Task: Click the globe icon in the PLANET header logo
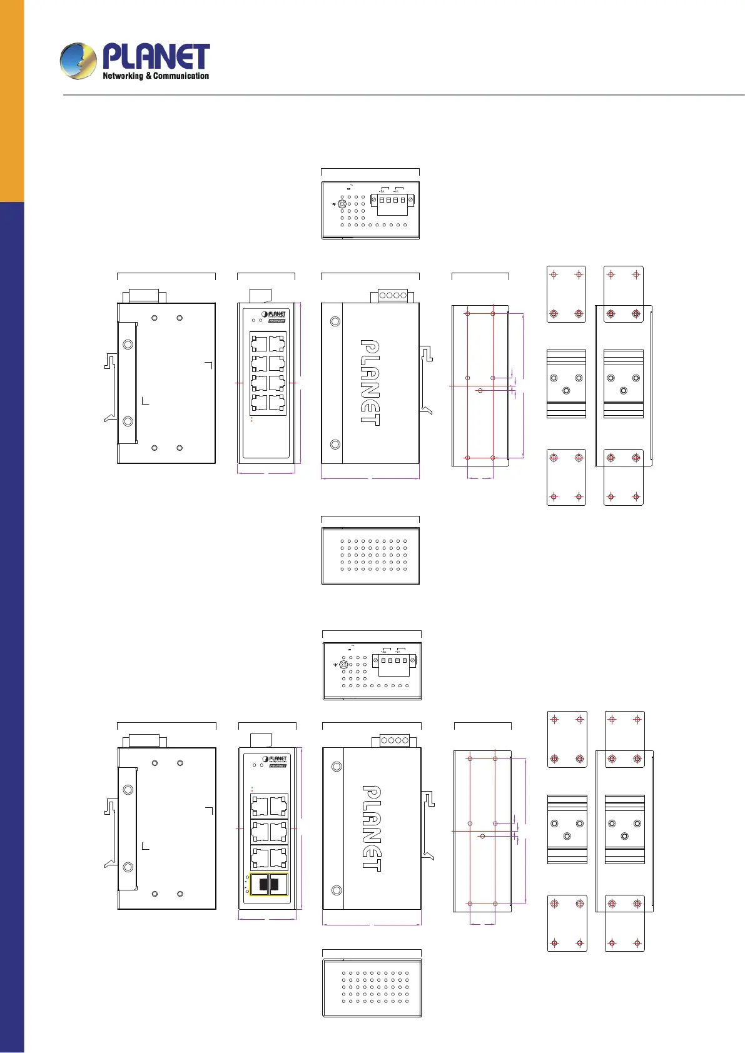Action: tap(78, 61)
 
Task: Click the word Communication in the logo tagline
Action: tap(181, 76)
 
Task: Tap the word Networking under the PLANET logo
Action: tap(123, 76)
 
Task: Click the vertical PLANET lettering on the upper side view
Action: tap(370, 383)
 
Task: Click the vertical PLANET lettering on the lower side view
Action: tap(372, 828)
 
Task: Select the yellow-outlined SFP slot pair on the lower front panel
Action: tap(269, 884)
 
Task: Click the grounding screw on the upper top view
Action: tap(342, 204)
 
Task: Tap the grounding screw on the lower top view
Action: tap(344, 665)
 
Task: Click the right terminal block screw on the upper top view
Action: tap(410, 200)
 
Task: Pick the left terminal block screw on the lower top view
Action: tap(375, 660)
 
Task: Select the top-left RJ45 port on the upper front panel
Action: tap(259, 343)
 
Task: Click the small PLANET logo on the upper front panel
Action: tap(274, 315)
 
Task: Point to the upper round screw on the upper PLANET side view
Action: tap(335, 321)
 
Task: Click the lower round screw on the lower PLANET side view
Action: tap(337, 890)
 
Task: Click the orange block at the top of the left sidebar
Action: tap(12, 100)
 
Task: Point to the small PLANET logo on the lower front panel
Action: tap(275, 759)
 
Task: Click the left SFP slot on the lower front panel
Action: tap(260, 884)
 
